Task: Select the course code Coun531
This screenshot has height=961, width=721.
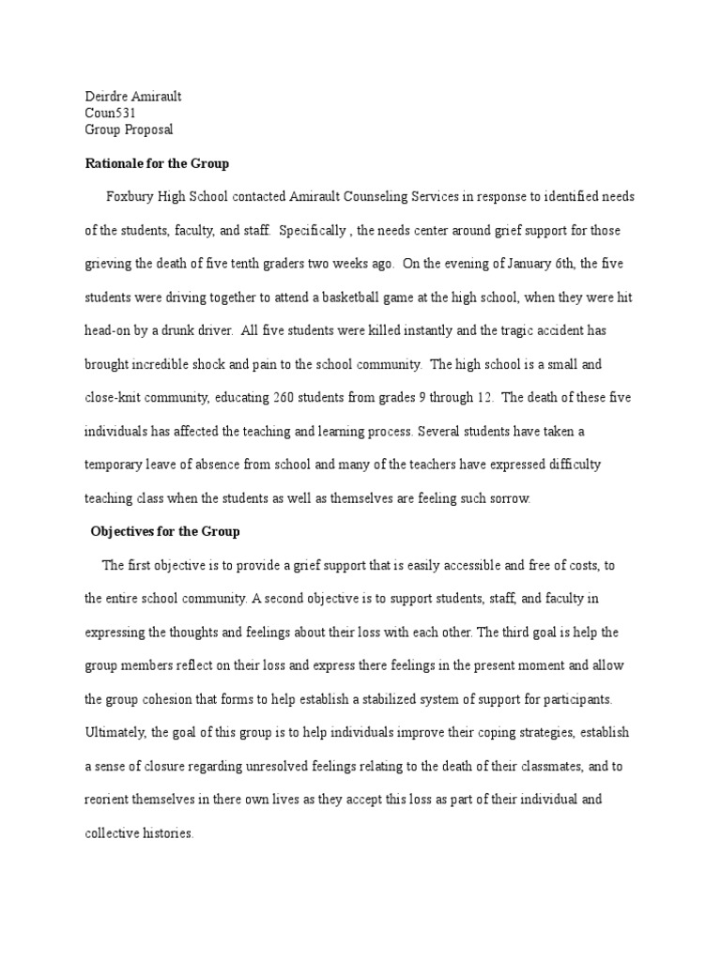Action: [111, 113]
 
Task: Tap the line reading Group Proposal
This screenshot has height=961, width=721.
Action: [129, 130]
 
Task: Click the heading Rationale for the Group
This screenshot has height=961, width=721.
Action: [157, 163]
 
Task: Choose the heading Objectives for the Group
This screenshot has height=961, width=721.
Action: [165, 531]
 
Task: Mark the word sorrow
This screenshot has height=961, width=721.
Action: [509, 498]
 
